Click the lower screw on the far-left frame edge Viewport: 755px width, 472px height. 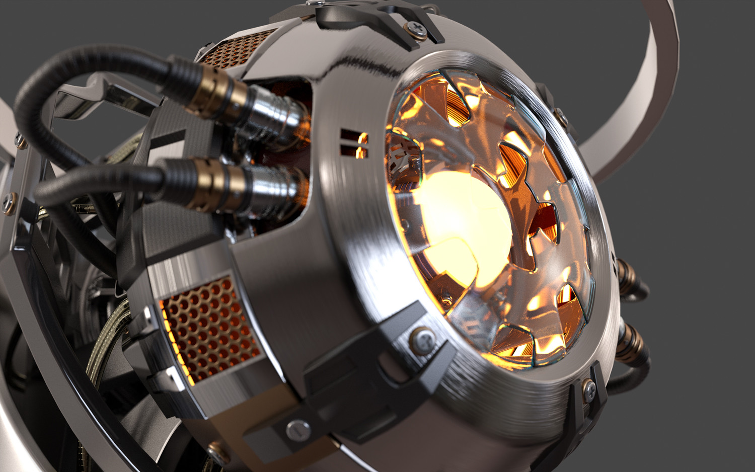coord(9,201)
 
